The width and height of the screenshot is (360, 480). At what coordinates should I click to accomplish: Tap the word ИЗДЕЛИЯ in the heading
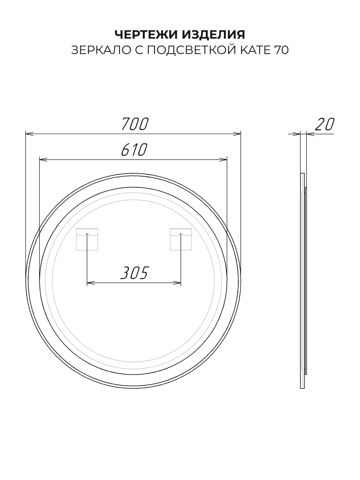click(214, 35)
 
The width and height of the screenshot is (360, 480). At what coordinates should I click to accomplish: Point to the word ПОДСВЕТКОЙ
click(192, 50)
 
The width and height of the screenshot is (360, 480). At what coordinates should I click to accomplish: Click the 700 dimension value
click(135, 124)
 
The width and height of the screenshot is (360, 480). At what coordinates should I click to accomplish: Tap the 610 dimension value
click(134, 150)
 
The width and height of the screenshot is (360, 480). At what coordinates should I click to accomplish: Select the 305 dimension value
click(135, 273)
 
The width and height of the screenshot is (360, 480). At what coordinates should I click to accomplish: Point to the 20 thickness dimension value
click(325, 124)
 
